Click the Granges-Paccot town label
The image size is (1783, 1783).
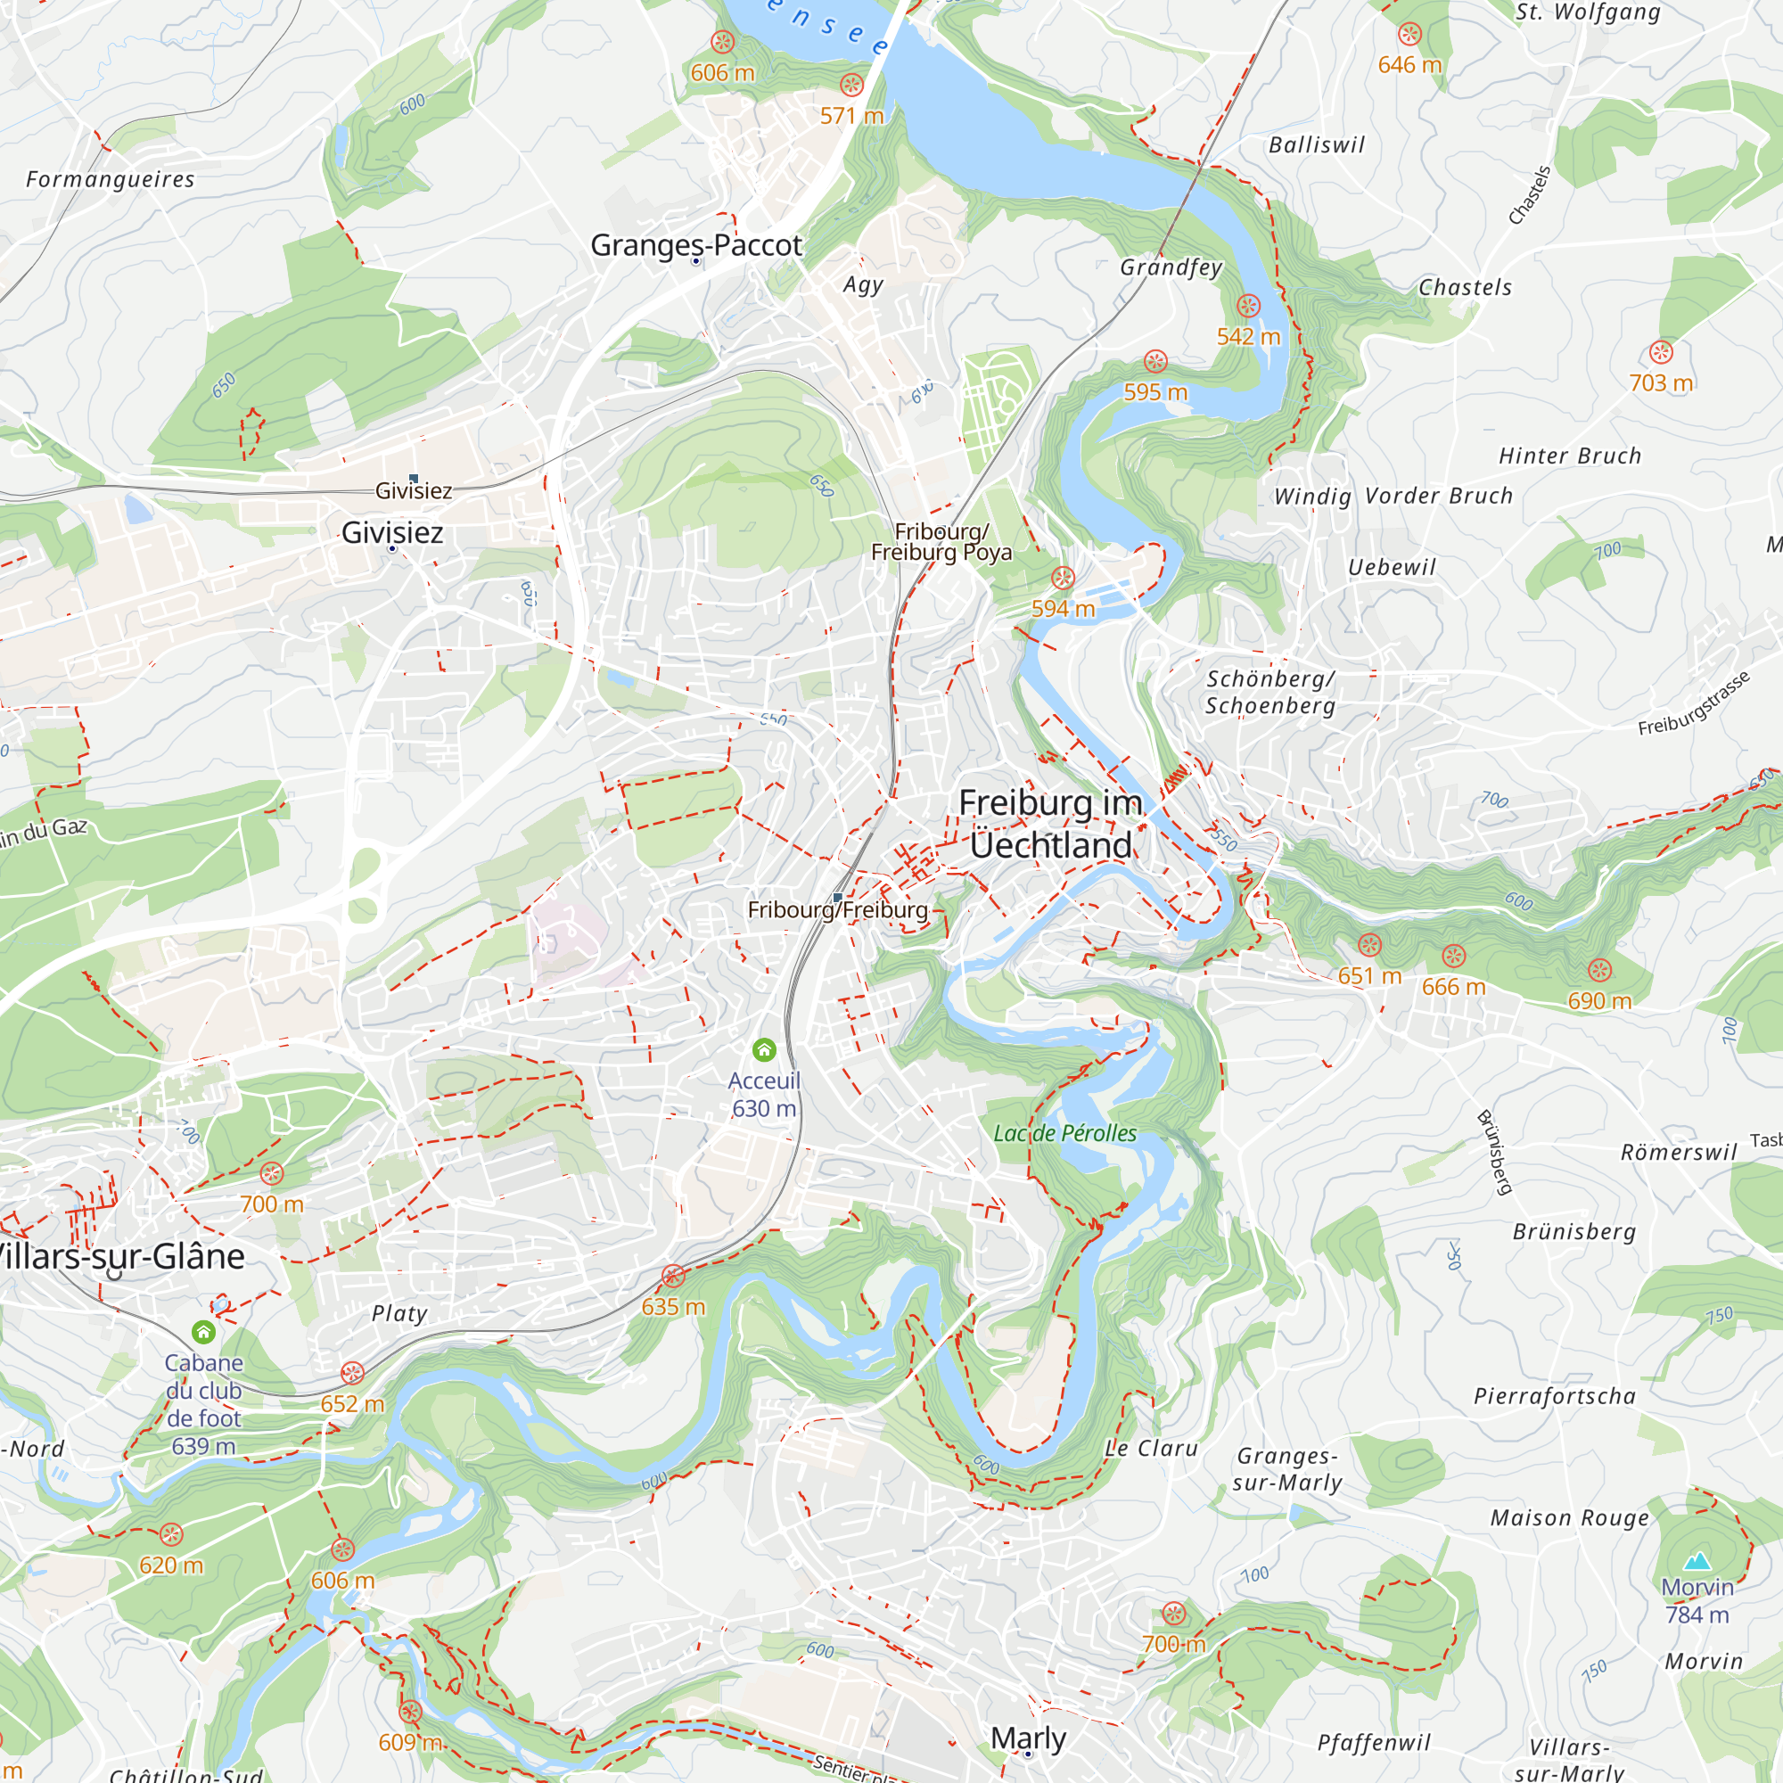[x=696, y=245]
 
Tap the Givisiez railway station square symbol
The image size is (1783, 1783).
[x=414, y=478]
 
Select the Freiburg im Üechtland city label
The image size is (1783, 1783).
[x=1050, y=824]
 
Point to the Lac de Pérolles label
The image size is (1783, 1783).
[x=1065, y=1133]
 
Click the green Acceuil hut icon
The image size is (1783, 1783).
[x=764, y=1049]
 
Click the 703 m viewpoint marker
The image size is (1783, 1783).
[x=1661, y=351]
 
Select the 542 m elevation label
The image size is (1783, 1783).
[x=1249, y=337]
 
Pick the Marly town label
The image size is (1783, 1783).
[x=1028, y=1738]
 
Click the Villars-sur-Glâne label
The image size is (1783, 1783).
[x=120, y=1257]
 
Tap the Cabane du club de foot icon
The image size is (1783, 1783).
[x=204, y=1332]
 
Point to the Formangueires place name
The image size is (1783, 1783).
[x=111, y=179]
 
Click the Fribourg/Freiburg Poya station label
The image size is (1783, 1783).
[x=941, y=542]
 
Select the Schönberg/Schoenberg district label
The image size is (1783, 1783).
[x=1270, y=692]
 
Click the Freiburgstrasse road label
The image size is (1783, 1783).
[x=1695, y=703]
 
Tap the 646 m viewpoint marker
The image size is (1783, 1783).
[x=1409, y=35]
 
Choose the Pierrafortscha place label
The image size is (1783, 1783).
[x=1554, y=1396]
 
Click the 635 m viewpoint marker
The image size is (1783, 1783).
[x=674, y=1277]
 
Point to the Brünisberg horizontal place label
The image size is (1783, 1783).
[x=1573, y=1232]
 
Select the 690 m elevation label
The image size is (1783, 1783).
[x=1599, y=1001]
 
